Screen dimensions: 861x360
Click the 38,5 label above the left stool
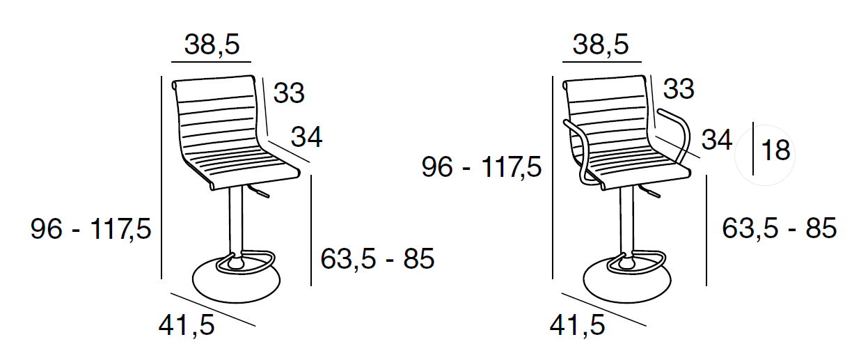click(x=212, y=45)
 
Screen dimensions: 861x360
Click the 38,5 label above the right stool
click(x=601, y=45)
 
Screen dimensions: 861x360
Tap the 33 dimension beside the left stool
click(x=289, y=93)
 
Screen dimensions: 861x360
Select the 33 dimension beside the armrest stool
click(x=679, y=89)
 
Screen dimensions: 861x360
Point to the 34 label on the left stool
click(x=306, y=137)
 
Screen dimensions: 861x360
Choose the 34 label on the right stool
click(x=716, y=140)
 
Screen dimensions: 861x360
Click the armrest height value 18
click(x=775, y=150)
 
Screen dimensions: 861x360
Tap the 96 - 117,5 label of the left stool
click(x=90, y=229)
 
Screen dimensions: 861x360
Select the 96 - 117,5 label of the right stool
click(x=482, y=167)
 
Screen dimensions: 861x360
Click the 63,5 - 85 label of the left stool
click(x=377, y=258)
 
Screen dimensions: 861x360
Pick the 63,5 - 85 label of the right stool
click(x=779, y=228)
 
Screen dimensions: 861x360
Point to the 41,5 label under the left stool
click(x=187, y=325)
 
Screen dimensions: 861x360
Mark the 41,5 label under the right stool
click(x=577, y=325)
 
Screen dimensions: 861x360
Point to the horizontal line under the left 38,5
click(x=211, y=61)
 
